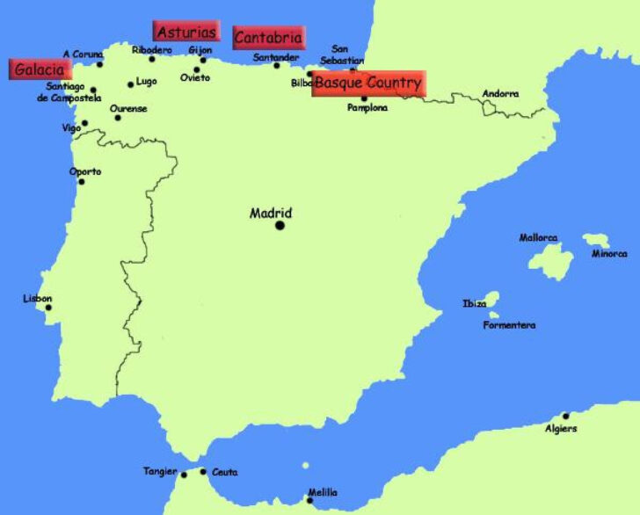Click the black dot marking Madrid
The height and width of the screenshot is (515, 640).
280,225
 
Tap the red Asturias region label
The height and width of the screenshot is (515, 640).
185,32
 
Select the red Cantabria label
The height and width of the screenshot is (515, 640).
269,38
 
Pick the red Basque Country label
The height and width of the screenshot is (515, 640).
368,83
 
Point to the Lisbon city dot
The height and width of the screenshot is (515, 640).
48,308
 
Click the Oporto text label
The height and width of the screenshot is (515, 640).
85,171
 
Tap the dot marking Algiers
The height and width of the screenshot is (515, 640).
565,416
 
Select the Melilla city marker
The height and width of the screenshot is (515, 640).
309,501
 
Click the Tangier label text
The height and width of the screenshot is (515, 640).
160,472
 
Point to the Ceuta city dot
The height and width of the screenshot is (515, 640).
203,472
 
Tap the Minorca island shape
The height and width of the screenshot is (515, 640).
597,240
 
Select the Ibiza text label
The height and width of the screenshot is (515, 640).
474,304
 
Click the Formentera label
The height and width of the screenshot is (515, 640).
509,326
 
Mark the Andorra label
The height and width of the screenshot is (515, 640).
500,93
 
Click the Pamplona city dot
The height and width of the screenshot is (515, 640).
364,98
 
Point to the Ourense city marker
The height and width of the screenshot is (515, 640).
118,118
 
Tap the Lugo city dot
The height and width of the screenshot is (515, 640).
131,84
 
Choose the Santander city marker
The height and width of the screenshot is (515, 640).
277,66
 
